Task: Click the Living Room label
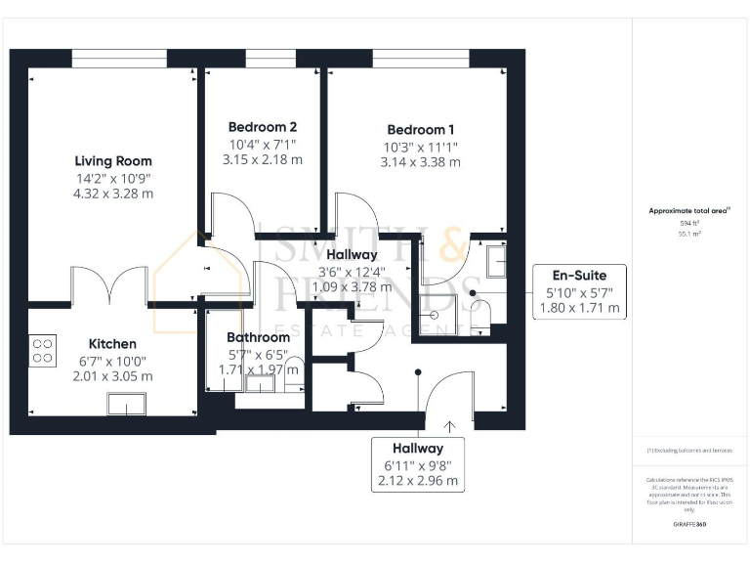coord(113,161)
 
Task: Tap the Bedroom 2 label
coord(263,127)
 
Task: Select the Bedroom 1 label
coord(420,130)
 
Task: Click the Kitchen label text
coord(112,344)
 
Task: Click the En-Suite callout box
coord(579,292)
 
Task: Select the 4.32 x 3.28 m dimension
coord(113,194)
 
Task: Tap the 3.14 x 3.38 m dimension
coord(420,162)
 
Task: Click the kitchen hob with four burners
coord(43,350)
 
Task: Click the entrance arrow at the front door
coord(450,425)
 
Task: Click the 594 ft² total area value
coord(690,223)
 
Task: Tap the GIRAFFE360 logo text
coord(689,525)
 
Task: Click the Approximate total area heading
coord(689,210)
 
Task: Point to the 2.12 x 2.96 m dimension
coord(419,481)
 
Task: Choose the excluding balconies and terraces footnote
coord(689,451)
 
